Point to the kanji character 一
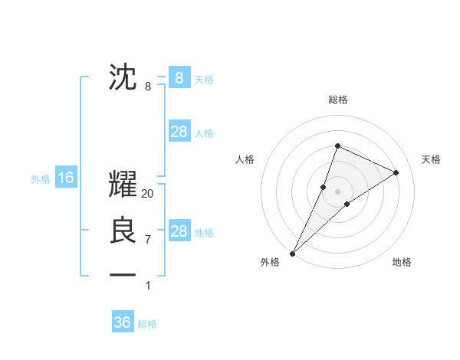point(123,274)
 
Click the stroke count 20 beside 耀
point(148,195)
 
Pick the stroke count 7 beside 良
point(148,240)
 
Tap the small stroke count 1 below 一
point(148,286)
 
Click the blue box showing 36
point(123,322)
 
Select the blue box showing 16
point(66,178)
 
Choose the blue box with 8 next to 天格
point(179,78)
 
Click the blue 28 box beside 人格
point(179,132)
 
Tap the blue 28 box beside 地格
point(179,231)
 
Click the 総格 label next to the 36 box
point(147,324)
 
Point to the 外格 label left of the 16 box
point(41,179)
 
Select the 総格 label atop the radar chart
point(337,100)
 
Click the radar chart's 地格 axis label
point(402,262)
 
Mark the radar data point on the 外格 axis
point(292,254)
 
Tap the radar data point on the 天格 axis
point(396,172)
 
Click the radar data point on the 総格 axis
point(337,146)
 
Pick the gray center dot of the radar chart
point(337,191)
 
